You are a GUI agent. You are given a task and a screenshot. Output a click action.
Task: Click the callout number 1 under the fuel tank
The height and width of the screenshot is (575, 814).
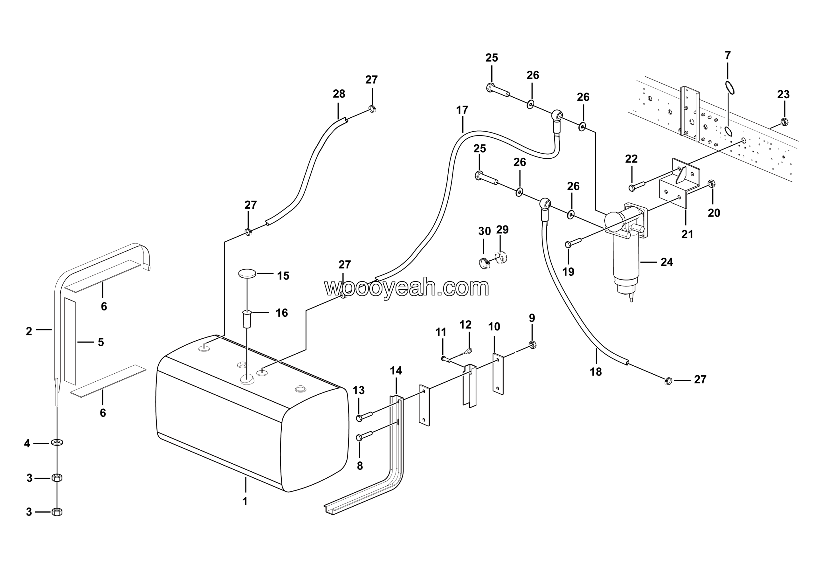tap(245, 501)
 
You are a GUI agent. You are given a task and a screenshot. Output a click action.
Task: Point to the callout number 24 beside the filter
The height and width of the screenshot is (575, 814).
tap(666, 262)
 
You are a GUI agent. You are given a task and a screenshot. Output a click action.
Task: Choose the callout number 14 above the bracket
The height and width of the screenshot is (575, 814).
tap(396, 371)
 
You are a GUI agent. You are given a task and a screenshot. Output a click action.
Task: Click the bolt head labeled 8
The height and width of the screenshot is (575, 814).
tap(359, 438)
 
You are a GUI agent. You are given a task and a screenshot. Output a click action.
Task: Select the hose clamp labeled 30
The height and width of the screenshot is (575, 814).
tap(484, 263)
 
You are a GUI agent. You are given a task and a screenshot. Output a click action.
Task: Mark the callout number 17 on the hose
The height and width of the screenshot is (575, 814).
tap(462, 110)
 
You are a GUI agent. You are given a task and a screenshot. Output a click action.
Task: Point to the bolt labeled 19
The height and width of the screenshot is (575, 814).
tap(568, 244)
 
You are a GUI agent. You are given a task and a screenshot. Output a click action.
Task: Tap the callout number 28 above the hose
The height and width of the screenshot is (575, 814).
tap(339, 94)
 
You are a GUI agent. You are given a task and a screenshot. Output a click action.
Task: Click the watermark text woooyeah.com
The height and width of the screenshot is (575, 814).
tap(407, 287)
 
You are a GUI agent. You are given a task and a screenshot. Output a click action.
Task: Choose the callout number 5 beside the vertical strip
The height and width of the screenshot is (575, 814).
tap(101, 342)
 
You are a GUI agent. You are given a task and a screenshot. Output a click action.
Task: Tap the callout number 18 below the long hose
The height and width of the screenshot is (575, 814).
tap(596, 371)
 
